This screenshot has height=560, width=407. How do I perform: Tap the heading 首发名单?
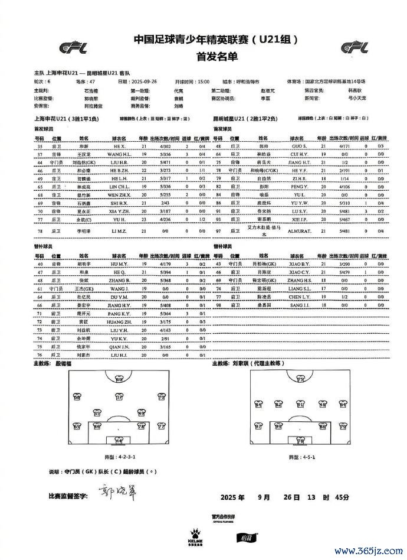click(x=203, y=57)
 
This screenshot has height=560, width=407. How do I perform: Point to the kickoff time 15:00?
click(x=203, y=81)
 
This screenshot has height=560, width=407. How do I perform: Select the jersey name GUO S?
click(x=298, y=146)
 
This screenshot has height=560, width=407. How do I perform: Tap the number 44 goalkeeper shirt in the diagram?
click(x=119, y=440)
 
